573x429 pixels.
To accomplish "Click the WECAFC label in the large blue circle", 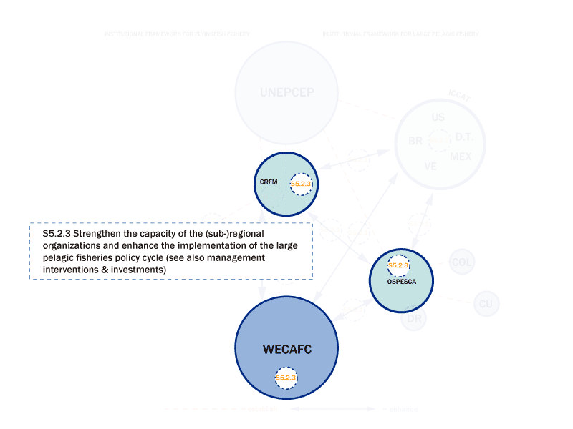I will pyautogui.click(x=286, y=349).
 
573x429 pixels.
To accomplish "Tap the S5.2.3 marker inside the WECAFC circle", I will pyautogui.click(x=286, y=378).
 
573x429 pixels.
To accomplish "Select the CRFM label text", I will pyautogui.click(x=269, y=182).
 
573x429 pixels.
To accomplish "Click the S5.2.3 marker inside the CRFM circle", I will pyautogui.click(x=301, y=184).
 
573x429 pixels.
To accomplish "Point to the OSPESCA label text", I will pyautogui.click(x=402, y=281).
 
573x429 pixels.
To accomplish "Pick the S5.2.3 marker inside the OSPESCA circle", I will pyautogui.click(x=398, y=265).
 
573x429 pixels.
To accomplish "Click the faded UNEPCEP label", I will pyautogui.click(x=286, y=92).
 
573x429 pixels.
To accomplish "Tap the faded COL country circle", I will pyautogui.click(x=462, y=262).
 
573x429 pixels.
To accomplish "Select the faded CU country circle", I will pyautogui.click(x=486, y=305).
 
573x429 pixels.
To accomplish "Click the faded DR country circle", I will pyautogui.click(x=414, y=319).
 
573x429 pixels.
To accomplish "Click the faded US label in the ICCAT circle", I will pyautogui.click(x=438, y=117).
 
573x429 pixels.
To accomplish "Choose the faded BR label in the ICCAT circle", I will pyautogui.click(x=415, y=142).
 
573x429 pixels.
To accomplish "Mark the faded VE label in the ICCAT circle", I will pyautogui.click(x=430, y=166).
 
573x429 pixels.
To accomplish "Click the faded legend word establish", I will pyautogui.click(x=262, y=410).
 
